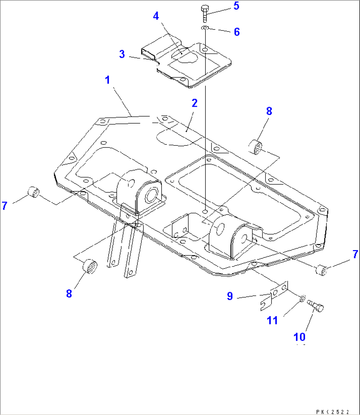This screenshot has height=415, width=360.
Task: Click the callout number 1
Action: coord(107,80)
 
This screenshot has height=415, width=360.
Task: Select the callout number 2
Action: coord(195,103)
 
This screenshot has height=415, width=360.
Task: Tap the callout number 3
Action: coord(122,54)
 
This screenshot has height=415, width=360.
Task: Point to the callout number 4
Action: coord(156,16)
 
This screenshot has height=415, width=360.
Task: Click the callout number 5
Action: coord(236,6)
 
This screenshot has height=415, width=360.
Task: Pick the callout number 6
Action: coord(236,32)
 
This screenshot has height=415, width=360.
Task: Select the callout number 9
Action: coord(230,296)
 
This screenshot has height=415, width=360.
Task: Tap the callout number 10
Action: coord(299,337)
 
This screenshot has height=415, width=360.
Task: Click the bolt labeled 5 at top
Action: coord(205,13)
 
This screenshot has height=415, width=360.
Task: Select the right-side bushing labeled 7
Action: coord(322,270)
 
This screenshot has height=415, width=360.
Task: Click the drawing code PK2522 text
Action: coord(332,412)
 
